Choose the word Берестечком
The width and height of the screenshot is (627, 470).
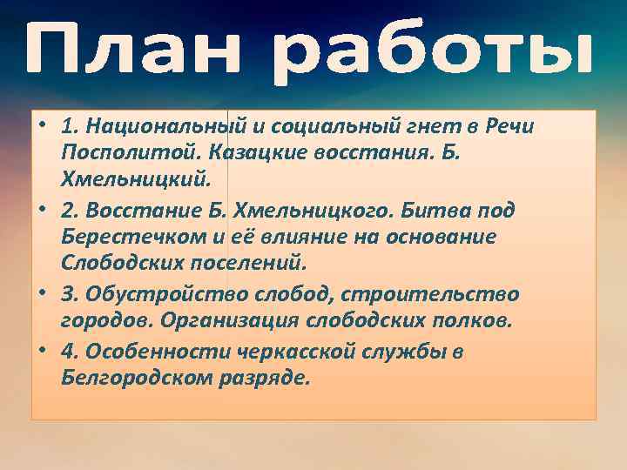tap(138, 238)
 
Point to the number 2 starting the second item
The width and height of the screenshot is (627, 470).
tap(67, 211)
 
